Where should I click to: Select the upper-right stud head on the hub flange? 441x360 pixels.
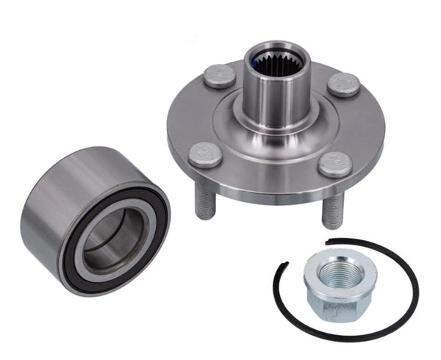(x=343, y=84)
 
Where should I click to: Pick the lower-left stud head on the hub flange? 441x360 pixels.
(x=205, y=154)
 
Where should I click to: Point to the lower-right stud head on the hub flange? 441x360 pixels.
(x=334, y=164)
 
